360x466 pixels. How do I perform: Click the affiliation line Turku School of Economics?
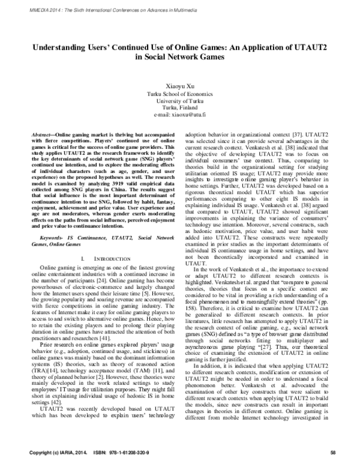(180, 95)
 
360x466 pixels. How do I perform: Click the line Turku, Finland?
(180, 107)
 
